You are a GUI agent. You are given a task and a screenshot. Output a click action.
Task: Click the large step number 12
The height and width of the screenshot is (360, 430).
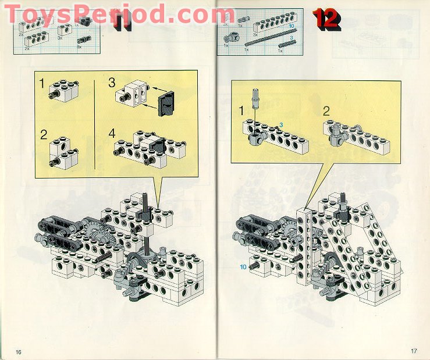(x=327, y=19)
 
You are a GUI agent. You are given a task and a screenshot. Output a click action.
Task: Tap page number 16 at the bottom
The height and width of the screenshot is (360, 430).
(x=19, y=352)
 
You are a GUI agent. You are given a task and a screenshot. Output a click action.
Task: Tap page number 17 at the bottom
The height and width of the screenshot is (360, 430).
(x=414, y=351)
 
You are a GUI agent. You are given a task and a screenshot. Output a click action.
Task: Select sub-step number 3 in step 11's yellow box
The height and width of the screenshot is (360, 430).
(x=112, y=83)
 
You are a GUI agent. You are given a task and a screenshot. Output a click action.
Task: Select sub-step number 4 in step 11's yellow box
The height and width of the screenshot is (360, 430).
(x=112, y=133)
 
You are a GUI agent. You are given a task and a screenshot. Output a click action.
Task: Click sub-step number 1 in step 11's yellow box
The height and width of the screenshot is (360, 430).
(x=42, y=84)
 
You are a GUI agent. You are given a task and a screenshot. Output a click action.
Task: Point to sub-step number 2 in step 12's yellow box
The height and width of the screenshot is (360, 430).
(x=326, y=110)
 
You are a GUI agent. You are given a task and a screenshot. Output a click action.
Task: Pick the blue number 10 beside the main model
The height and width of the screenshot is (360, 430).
(x=243, y=267)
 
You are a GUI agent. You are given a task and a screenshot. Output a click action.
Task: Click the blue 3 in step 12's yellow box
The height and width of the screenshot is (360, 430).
(x=280, y=124)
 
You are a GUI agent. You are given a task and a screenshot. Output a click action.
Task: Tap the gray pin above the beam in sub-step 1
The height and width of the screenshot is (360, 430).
(x=254, y=97)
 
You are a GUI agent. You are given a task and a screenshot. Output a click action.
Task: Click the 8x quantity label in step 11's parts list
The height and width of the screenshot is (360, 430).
(x=79, y=47)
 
